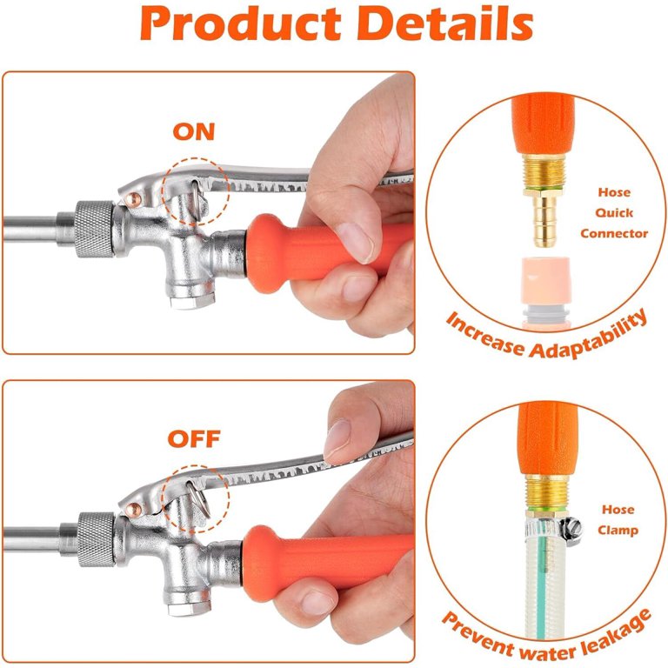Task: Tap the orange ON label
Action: point(193,132)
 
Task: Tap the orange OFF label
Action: point(194,438)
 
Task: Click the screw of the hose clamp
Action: point(570,525)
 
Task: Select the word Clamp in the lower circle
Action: point(618,530)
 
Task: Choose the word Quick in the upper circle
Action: point(614,213)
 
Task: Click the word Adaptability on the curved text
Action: point(591,335)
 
